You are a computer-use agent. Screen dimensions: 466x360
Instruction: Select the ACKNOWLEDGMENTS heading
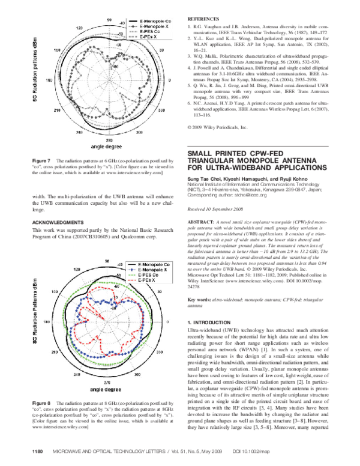point(58,222)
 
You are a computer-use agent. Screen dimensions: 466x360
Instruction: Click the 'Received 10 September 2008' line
point(217,209)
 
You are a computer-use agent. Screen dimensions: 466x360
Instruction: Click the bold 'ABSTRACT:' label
point(201,222)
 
